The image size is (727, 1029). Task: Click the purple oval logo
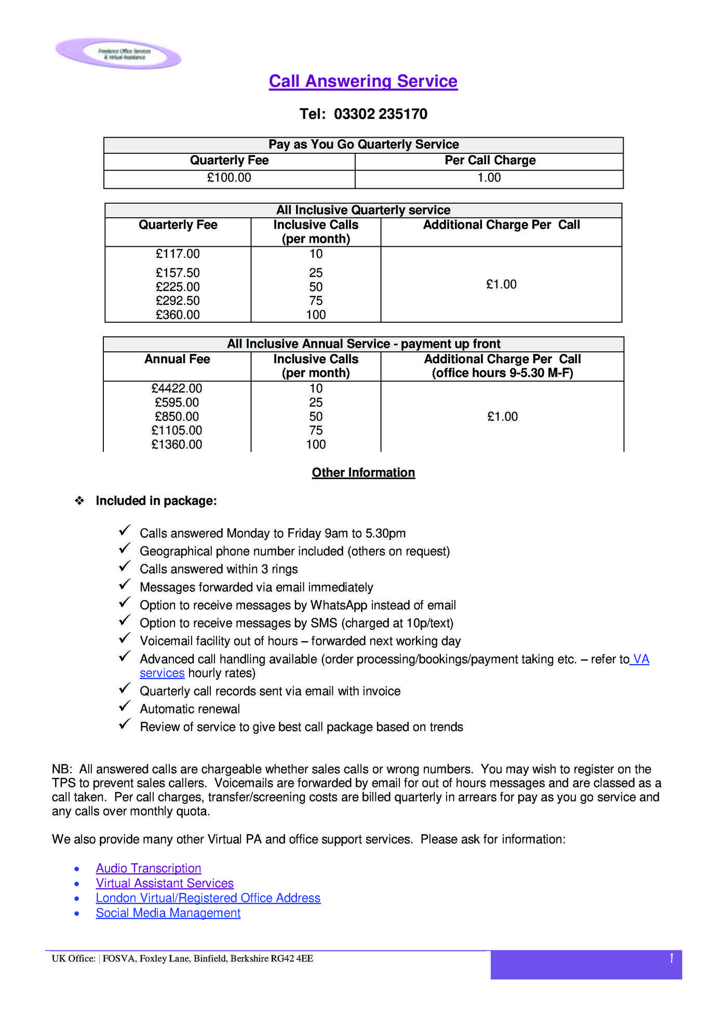(x=118, y=54)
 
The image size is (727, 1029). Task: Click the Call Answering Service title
(x=363, y=81)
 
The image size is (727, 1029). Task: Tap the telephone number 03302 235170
(x=380, y=114)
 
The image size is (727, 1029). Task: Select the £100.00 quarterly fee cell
(x=229, y=178)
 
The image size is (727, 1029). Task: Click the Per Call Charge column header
(x=490, y=160)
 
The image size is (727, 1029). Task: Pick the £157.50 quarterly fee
(x=178, y=273)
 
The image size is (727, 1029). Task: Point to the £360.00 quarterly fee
(x=178, y=315)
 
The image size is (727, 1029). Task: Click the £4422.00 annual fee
(x=177, y=389)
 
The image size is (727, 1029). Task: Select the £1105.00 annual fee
(x=177, y=430)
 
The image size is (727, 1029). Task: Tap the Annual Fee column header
(x=177, y=359)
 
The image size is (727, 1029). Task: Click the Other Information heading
(x=363, y=472)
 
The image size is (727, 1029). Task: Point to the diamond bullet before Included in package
(x=79, y=501)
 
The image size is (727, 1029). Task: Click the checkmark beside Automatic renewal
(x=125, y=707)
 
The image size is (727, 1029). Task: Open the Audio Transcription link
(x=149, y=868)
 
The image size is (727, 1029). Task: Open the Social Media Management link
(x=168, y=913)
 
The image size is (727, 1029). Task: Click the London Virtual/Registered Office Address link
(x=208, y=898)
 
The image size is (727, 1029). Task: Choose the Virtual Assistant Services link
(x=165, y=883)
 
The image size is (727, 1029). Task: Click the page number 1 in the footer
(x=671, y=958)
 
